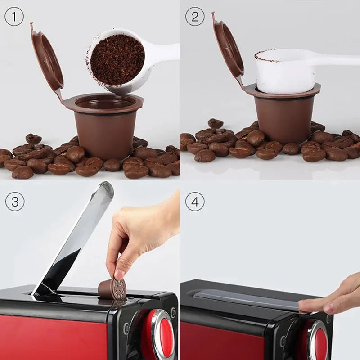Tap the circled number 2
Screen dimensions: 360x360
pos(194,17)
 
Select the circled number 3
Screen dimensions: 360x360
pos(14,202)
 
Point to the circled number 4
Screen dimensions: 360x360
pos(194,202)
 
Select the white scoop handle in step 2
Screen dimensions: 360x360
pos(337,58)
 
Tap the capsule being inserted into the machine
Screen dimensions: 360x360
pos(112,288)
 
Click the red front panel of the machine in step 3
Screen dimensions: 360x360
pos(54,337)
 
